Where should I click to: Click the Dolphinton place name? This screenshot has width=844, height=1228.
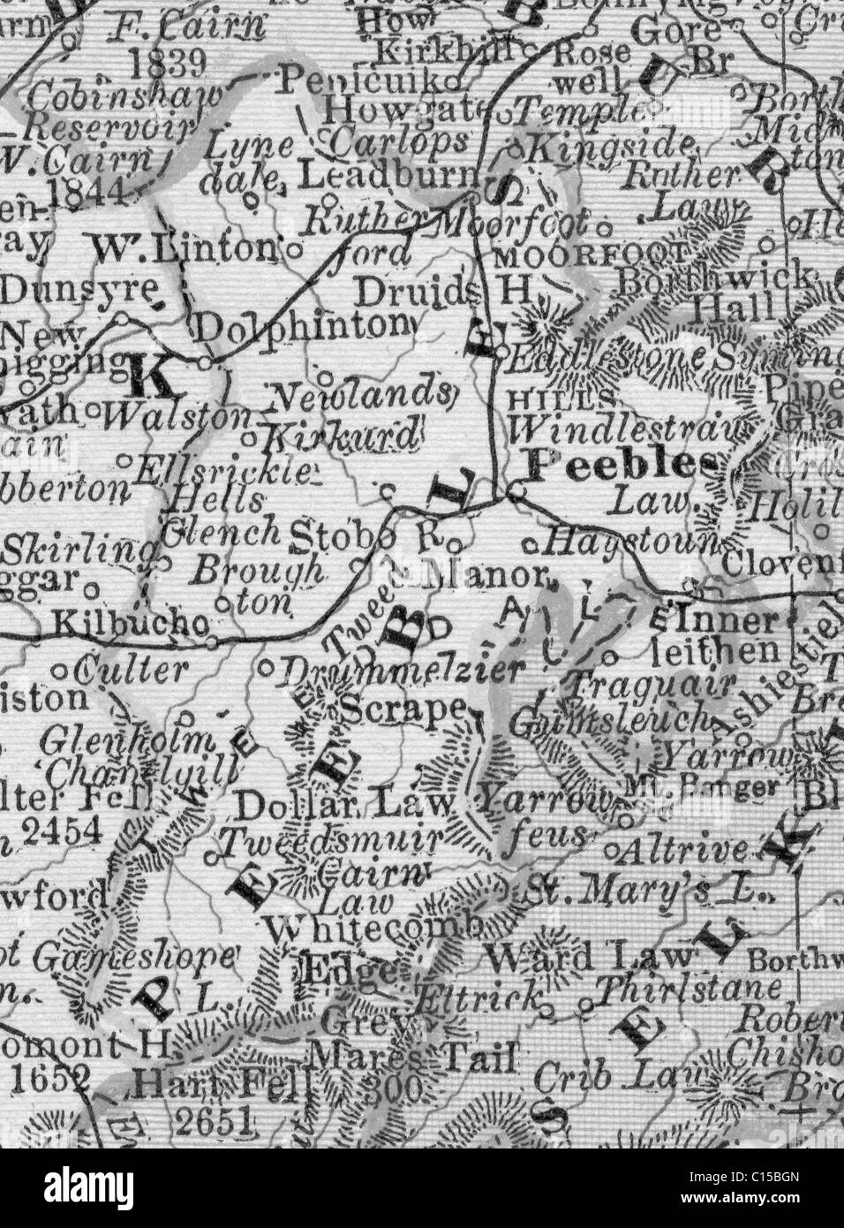[303, 326]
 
